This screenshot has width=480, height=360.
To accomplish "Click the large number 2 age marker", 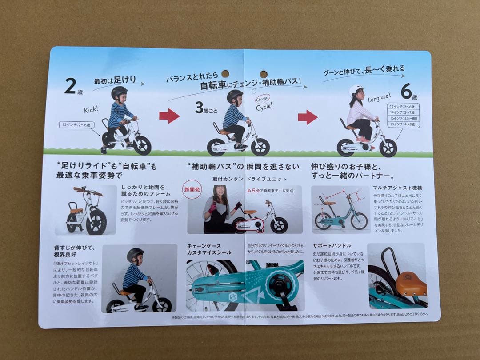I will coord(70,86).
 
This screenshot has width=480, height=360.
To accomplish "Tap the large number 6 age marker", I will coord(406,91).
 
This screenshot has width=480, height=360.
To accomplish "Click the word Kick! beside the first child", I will coord(92,110).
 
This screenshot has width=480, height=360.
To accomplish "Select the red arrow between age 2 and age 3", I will coord(169,116).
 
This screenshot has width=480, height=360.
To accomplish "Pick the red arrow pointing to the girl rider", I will coord(308,117).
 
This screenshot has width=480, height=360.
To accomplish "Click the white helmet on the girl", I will coord(356,90).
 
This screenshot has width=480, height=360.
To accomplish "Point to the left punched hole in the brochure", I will coord(225,73).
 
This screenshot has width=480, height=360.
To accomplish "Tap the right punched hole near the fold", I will coord(264,74).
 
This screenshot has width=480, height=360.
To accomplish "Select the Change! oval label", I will coord(261,99).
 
